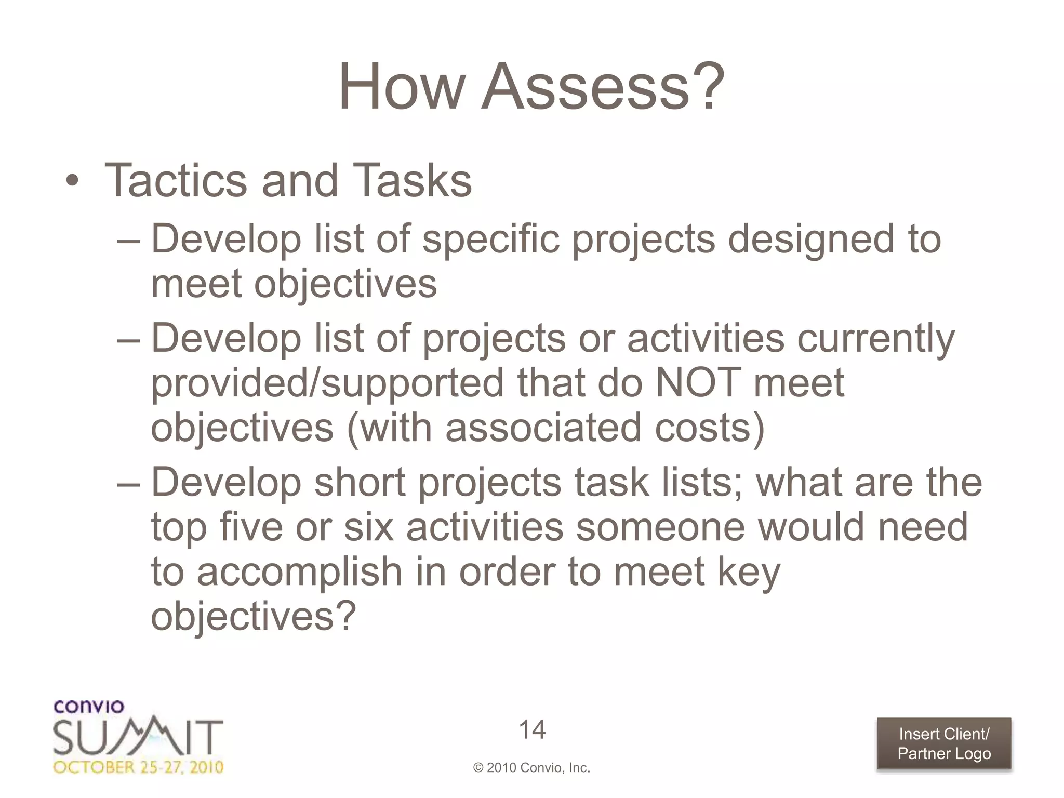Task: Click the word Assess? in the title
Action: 603,87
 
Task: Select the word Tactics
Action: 176,181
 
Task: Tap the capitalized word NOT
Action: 698,383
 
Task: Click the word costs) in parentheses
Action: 710,428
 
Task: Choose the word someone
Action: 660,527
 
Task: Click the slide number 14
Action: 532,729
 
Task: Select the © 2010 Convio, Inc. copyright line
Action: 531,768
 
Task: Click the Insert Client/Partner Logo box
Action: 944,743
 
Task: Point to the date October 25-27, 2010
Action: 138,767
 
